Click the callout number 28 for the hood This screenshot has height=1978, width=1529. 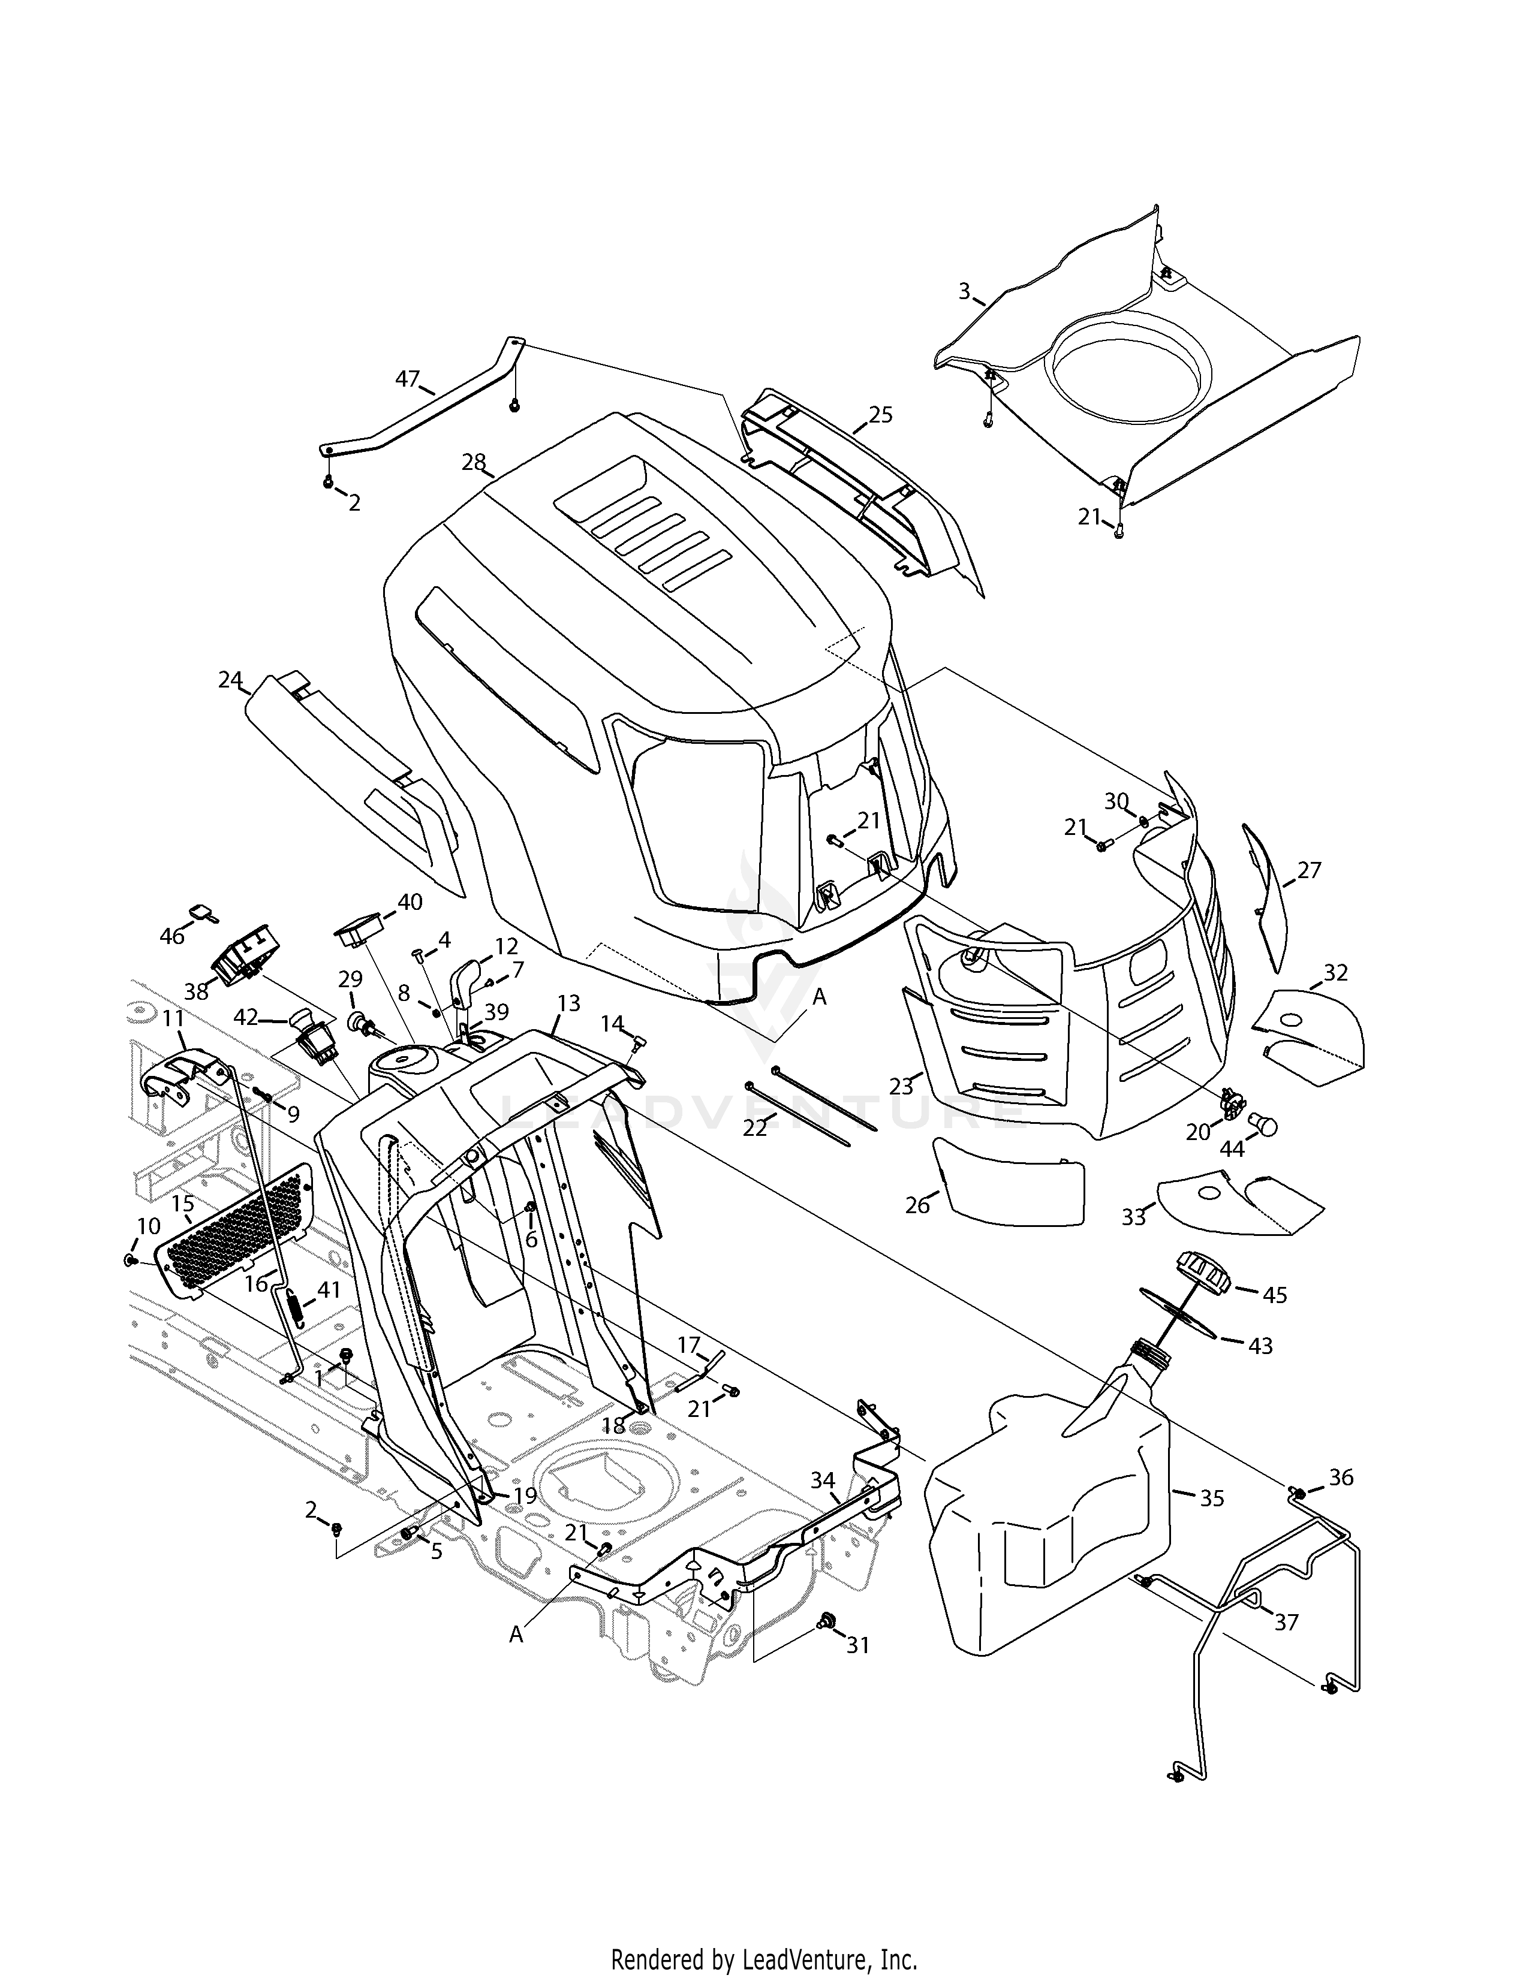pos(473,462)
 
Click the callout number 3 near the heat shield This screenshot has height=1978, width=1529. pos(965,292)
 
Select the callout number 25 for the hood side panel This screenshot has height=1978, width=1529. pos(880,415)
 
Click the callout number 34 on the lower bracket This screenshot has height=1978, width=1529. pos(823,1480)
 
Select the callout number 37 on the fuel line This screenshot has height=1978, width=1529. pos(1286,1621)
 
